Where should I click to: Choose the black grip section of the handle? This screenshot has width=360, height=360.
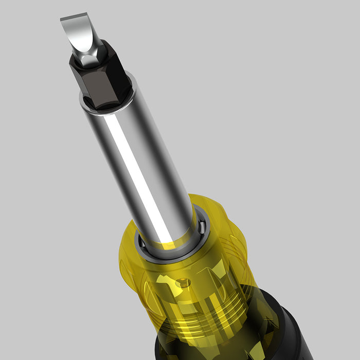click(288, 329)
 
